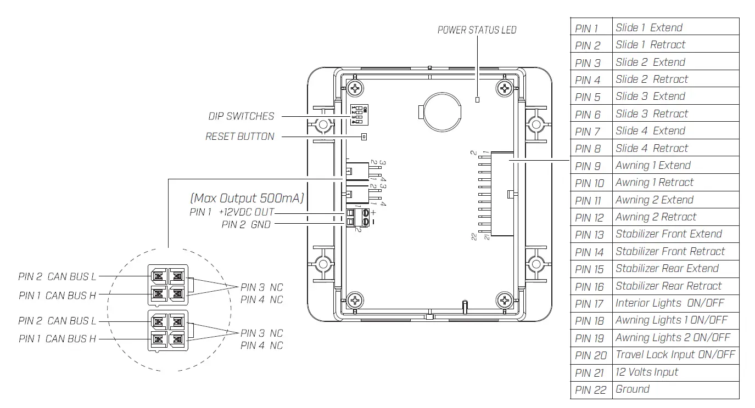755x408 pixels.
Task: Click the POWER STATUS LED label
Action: point(477,30)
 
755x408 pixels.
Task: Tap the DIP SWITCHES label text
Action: point(241,116)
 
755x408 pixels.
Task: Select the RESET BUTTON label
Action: point(239,137)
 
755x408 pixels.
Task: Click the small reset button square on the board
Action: point(363,137)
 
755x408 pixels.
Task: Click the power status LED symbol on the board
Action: point(477,99)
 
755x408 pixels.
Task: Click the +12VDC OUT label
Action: point(246,212)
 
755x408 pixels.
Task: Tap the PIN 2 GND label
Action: point(246,224)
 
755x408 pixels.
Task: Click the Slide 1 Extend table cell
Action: point(675,27)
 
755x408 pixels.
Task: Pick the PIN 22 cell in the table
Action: point(590,390)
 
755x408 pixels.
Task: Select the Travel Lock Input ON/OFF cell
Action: point(675,355)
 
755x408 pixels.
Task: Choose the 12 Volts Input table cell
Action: point(675,372)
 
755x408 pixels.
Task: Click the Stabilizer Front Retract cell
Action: point(675,252)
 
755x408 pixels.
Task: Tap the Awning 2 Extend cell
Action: point(675,200)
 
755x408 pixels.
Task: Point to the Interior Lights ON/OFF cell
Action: point(675,303)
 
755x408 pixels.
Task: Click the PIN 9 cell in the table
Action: point(590,166)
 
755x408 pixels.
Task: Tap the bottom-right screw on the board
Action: point(504,300)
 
